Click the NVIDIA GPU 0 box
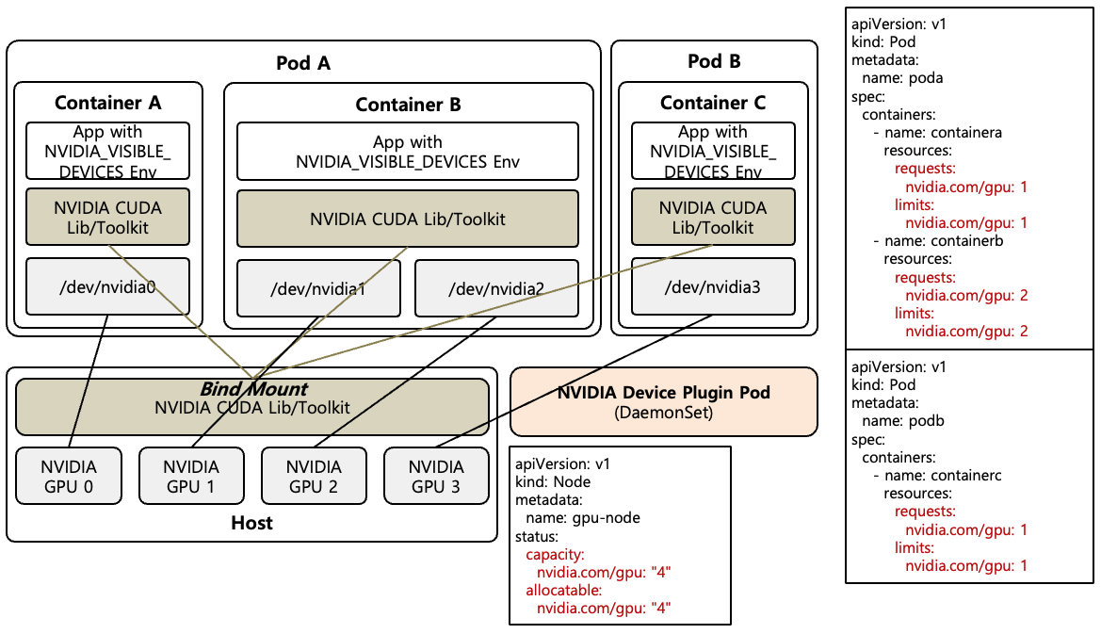(x=70, y=477)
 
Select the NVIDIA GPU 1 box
(x=191, y=477)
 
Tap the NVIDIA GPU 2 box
(x=314, y=477)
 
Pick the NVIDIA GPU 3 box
(x=437, y=477)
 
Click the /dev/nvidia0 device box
(x=107, y=286)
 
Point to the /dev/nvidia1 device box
(x=318, y=287)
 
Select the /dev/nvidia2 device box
(x=495, y=287)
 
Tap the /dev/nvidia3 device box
(x=713, y=286)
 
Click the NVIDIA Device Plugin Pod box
(x=664, y=402)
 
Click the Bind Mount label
(x=252, y=389)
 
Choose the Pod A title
(x=303, y=63)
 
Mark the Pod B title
(x=714, y=62)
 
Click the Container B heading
(x=408, y=105)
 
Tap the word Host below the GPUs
(x=251, y=523)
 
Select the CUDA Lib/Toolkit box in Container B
(x=407, y=219)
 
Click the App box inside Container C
(x=713, y=151)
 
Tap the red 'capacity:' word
(x=556, y=554)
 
